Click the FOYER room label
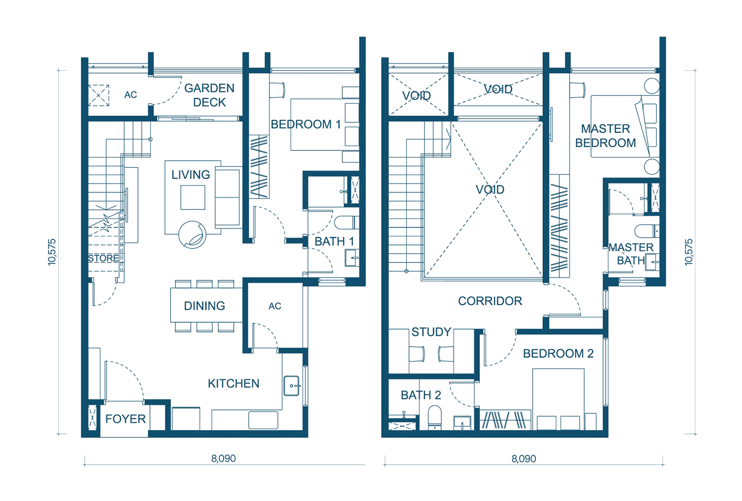click(126, 419)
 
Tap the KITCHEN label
click(234, 384)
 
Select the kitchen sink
click(292, 385)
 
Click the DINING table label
click(205, 306)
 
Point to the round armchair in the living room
click(192, 235)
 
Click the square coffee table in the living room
click(193, 198)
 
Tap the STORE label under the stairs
click(103, 258)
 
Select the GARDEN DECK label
click(209, 95)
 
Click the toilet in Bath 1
click(346, 223)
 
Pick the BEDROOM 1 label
click(306, 125)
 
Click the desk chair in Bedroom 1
click(277, 90)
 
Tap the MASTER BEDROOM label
click(606, 136)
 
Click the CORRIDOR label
click(490, 301)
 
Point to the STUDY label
click(431, 332)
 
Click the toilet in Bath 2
click(435, 418)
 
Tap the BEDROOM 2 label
click(558, 353)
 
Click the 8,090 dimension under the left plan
click(224, 459)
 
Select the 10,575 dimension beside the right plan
click(689, 252)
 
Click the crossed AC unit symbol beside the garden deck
click(99, 96)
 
